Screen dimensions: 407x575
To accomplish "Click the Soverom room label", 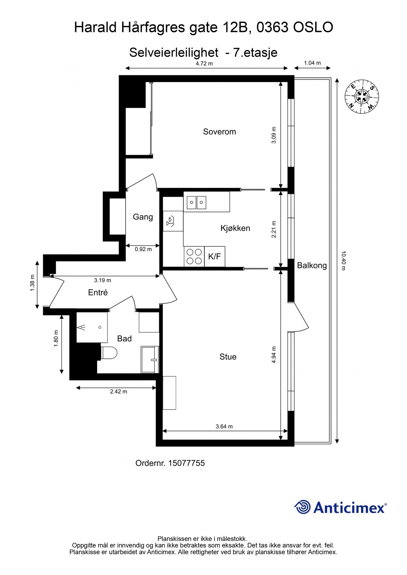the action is click(x=219, y=132).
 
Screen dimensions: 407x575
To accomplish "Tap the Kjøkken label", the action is click(x=235, y=228).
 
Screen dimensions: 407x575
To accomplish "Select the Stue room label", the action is click(x=228, y=356).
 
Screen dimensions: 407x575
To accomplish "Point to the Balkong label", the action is click(x=312, y=265).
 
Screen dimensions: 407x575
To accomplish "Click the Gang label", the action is click(x=143, y=217).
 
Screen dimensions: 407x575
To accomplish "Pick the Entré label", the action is click(x=98, y=292).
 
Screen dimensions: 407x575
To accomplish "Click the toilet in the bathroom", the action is click(x=109, y=353).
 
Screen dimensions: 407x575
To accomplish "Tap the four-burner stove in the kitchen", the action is click(x=194, y=257).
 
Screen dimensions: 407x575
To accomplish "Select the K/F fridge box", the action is click(x=215, y=257).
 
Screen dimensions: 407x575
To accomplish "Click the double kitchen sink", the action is click(x=197, y=202).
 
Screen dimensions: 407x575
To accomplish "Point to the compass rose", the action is click(x=362, y=96).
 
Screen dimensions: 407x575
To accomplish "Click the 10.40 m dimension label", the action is click(x=343, y=261).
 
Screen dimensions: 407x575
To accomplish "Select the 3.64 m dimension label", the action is click(x=224, y=426).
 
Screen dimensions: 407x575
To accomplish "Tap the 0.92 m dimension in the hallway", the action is click(x=143, y=249).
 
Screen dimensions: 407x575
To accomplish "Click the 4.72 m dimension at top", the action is click(x=204, y=64).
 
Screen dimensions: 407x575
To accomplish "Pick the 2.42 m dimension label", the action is click(x=119, y=392).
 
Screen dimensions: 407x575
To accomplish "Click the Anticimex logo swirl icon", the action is click(x=302, y=507).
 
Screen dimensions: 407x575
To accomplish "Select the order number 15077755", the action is click(x=186, y=463).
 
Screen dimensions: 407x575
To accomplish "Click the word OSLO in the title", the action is click(x=313, y=27).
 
